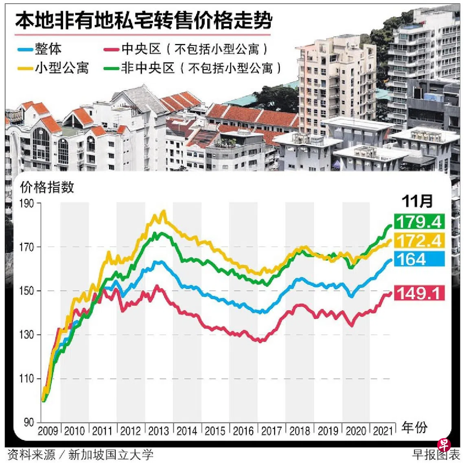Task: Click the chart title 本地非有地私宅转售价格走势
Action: pos(143,20)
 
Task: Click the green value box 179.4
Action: pos(419,222)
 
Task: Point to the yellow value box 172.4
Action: pos(419,241)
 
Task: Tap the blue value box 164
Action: pos(419,259)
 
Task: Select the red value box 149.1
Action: pos(419,293)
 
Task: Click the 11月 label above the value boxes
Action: pos(417,201)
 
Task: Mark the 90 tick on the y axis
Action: pos(28,422)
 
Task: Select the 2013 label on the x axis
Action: pos(158,431)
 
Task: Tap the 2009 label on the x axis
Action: pos(48,431)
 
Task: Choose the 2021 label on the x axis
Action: pos(382,431)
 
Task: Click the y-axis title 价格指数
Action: pos(47,187)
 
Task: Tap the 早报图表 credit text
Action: pos(436,454)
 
